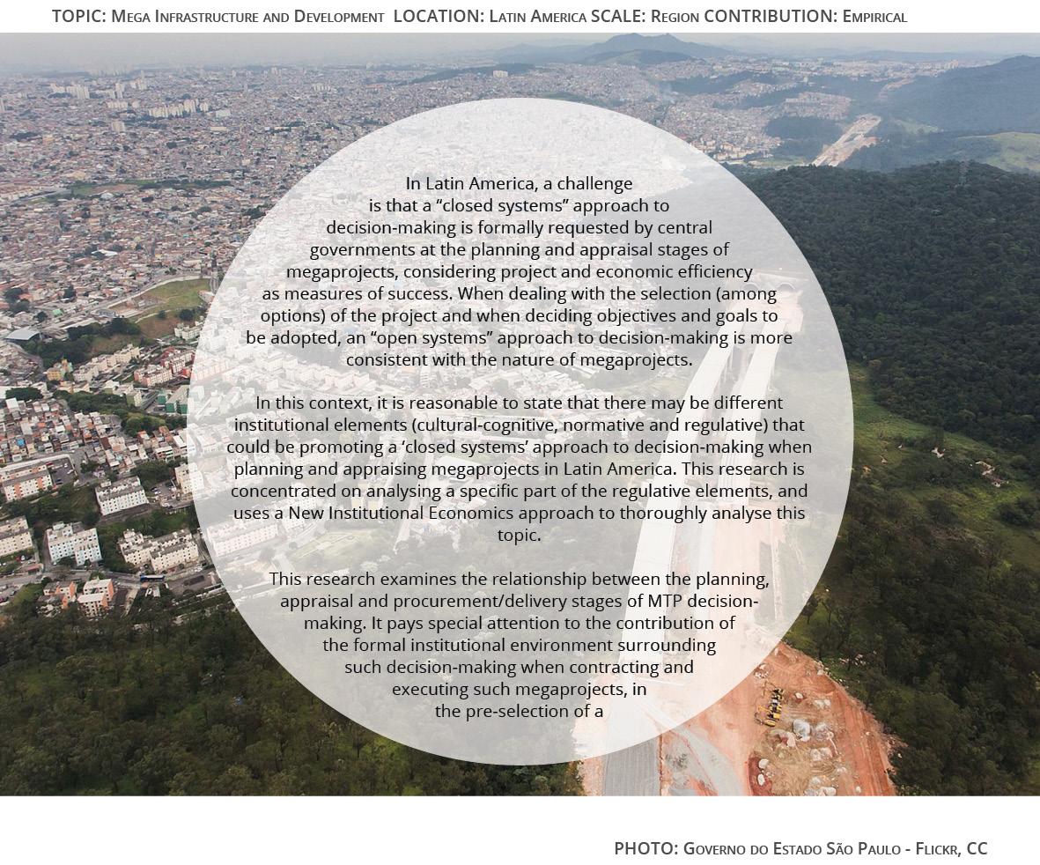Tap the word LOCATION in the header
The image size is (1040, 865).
(x=439, y=16)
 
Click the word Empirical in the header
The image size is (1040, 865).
(x=874, y=16)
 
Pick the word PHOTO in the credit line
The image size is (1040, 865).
(x=645, y=848)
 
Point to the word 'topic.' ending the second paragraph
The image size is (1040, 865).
(x=520, y=535)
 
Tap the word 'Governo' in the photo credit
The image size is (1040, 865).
(x=714, y=848)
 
